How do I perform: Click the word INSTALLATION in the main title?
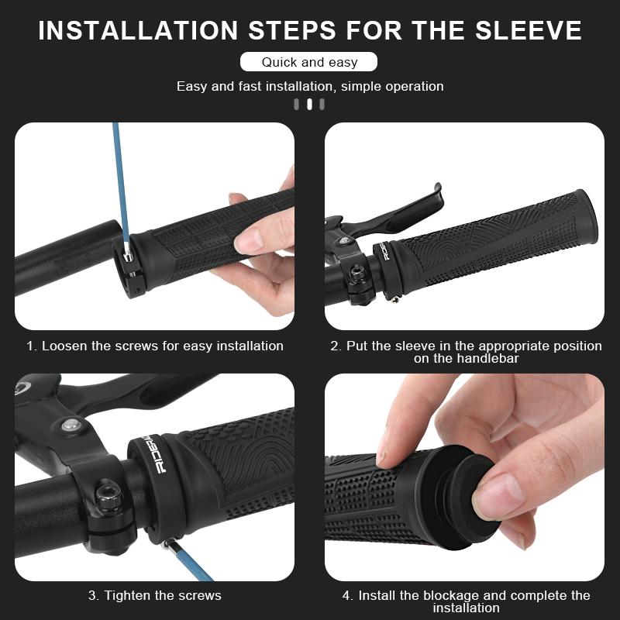pyautogui.click(x=138, y=30)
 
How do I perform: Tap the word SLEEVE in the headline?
pyautogui.click(x=529, y=30)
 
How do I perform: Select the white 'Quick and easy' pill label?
pyautogui.click(x=308, y=62)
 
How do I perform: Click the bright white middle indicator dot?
pyautogui.click(x=309, y=105)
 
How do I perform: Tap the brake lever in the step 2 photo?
pyautogui.click(x=395, y=214)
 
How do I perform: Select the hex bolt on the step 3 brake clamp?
pyautogui.click(x=108, y=494)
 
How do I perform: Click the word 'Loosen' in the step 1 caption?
pyautogui.click(x=65, y=346)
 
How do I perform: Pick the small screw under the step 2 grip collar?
pyautogui.click(x=394, y=299)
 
